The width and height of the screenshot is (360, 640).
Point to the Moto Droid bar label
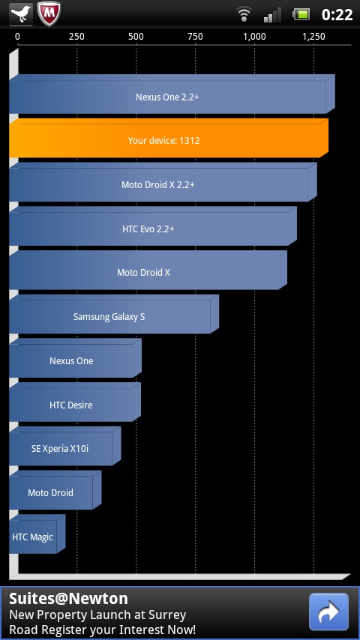pyautogui.click(x=50, y=492)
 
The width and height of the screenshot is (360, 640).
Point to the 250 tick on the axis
pyautogui.click(x=76, y=37)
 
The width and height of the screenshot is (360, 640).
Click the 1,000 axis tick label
pyautogui.click(x=254, y=37)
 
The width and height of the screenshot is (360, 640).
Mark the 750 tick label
pyautogui.click(x=195, y=37)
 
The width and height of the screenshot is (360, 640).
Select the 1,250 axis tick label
pyautogui.click(x=313, y=37)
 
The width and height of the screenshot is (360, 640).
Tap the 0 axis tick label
pyautogui.click(x=17, y=37)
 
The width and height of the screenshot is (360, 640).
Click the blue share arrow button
pyautogui.click(x=328, y=612)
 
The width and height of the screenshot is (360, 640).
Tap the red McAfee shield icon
pyautogui.click(x=49, y=14)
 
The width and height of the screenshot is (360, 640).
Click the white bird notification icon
pyautogui.click(x=21, y=14)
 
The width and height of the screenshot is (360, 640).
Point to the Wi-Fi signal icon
pyautogui.click(x=244, y=14)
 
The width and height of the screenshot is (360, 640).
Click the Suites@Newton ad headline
pyautogui.click(x=68, y=598)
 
